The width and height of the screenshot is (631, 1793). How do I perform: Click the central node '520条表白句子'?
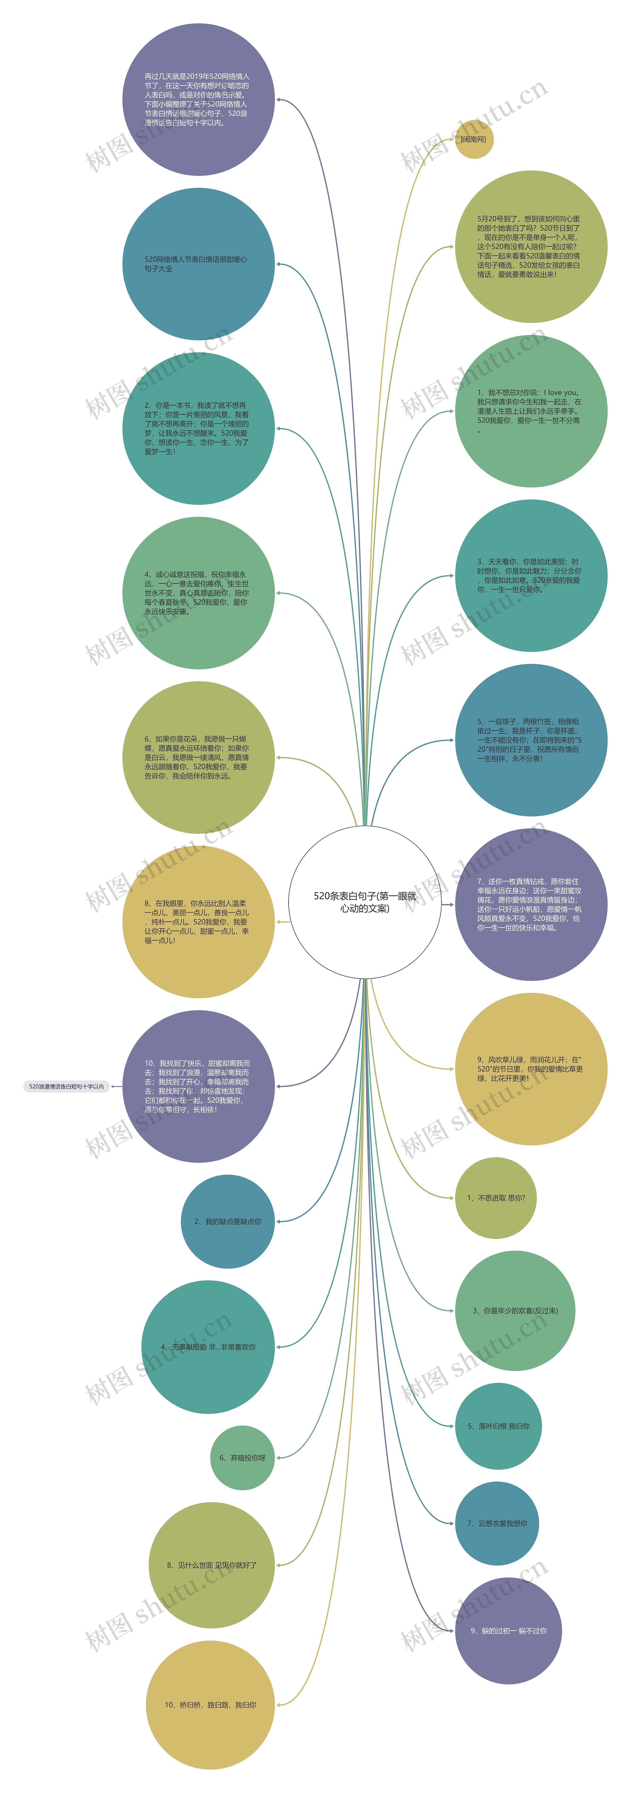point(365,902)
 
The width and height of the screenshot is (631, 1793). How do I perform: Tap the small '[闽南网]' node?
point(474,139)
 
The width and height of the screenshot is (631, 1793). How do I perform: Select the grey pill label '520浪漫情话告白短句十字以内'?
point(67,1086)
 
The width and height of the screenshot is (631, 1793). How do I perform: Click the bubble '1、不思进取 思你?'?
point(495,1198)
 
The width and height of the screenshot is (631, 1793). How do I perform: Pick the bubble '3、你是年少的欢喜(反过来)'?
point(515,1311)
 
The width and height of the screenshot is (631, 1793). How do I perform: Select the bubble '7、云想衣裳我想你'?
point(497,1523)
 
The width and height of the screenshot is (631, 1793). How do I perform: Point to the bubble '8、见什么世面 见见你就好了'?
point(211,1565)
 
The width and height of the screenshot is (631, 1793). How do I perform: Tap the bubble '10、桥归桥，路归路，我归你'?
point(210,1704)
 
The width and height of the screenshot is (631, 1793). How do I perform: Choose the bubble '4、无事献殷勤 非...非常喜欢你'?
point(208,1347)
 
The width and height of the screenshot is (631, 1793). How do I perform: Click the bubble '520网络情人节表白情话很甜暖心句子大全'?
point(198,264)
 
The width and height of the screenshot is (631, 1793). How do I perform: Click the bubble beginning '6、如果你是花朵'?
point(198,757)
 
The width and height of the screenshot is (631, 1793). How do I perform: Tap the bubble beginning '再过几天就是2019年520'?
point(198,100)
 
